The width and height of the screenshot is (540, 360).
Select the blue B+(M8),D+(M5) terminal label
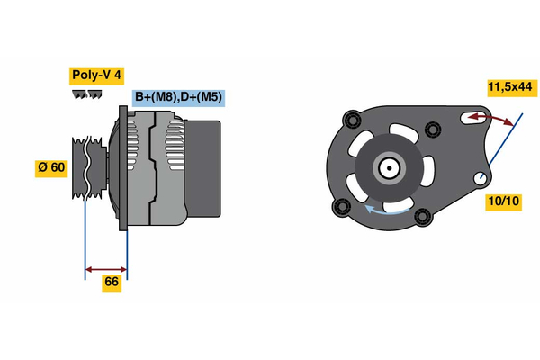pos(177,97)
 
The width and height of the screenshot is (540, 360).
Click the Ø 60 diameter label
pos(51,168)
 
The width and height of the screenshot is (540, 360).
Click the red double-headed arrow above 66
pos(105,268)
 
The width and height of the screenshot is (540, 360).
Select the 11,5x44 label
pos(510,87)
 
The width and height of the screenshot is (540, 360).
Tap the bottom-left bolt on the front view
pos(341,208)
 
